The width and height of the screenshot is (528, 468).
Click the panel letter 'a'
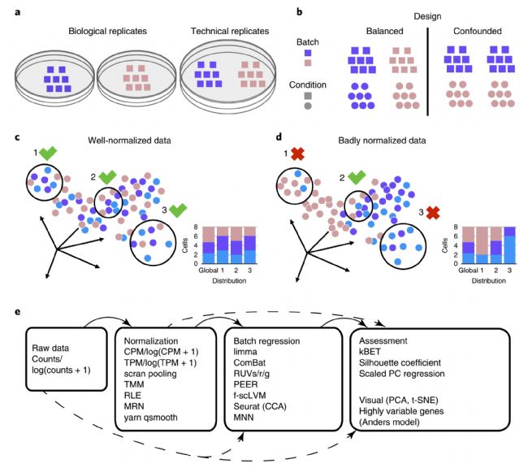click(x=18, y=13)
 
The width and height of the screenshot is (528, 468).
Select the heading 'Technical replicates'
click(x=230, y=32)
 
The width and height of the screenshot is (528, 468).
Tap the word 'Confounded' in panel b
click(x=477, y=32)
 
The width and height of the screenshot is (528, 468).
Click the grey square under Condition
click(x=308, y=96)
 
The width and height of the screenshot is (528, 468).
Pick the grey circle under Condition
click(x=308, y=106)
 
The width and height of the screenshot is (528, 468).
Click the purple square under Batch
click(x=308, y=53)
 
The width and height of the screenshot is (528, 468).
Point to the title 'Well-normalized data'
click(x=129, y=141)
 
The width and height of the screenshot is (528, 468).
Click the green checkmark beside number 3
click(x=178, y=210)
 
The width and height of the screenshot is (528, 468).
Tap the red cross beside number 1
click(x=297, y=154)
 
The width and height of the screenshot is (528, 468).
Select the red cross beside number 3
click(x=433, y=212)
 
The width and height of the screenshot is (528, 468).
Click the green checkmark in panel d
click(x=357, y=177)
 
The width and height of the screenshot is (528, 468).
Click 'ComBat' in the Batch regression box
click(x=249, y=363)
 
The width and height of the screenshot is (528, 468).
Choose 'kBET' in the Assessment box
click(x=370, y=352)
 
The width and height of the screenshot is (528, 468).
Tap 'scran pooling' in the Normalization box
click(x=150, y=374)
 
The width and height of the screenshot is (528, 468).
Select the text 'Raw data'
click(x=50, y=348)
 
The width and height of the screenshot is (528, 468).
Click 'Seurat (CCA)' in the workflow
click(x=260, y=406)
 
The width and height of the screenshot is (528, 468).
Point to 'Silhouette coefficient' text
click(x=400, y=363)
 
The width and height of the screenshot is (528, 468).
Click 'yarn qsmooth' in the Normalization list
click(x=150, y=418)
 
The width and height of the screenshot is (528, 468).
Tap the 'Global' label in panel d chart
click(x=468, y=271)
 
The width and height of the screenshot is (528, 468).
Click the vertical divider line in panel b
click(x=427, y=71)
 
